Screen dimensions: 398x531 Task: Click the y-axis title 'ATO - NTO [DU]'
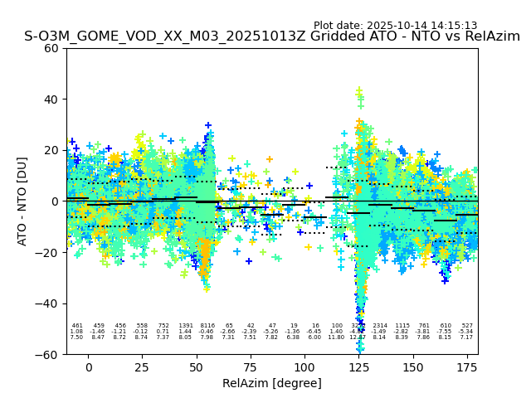pyautogui.click(x=22, y=201)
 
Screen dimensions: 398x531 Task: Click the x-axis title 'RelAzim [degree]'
pyautogui.click(x=272, y=383)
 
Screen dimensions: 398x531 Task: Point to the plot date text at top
pyautogui.click(x=395, y=26)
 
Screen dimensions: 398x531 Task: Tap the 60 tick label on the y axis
pyautogui.click(x=51, y=48)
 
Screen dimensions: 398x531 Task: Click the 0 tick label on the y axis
pyautogui.click(x=55, y=201)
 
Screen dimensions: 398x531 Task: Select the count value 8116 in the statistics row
pyautogui.click(x=207, y=326)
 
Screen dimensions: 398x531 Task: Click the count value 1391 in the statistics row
pyautogui.click(x=185, y=326)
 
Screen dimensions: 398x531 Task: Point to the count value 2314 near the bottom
pyautogui.click(x=380, y=326)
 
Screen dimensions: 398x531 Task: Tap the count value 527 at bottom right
pyautogui.click(x=466, y=326)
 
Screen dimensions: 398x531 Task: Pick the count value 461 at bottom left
pyautogui.click(x=77, y=326)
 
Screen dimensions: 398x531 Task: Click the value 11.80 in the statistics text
pyautogui.click(x=336, y=337)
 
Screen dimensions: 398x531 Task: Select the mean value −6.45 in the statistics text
pyautogui.click(x=314, y=332)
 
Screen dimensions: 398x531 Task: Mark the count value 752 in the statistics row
pyautogui.click(x=163, y=326)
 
